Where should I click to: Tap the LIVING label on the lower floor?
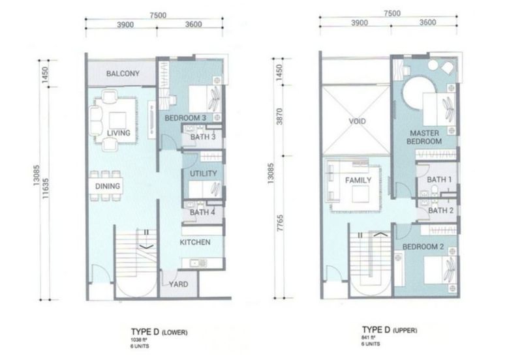pyautogui.click(x=119, y=134)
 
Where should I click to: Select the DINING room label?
pyautogui.click(x=106, y=187)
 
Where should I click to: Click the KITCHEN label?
pyautogui.click(x=195, y=243)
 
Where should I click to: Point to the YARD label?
pyautogui.click(x=179, y=285)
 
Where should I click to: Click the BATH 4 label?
pyautogui.click(x=203, y=212)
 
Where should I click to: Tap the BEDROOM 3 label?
pyautogui.click(x=185, y=118)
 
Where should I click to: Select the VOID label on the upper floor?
pyautogui.click(x=357, y=121)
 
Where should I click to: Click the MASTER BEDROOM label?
pyautogui.click(x=424, y=136)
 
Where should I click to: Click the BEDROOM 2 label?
pyautogui.click(x=423, y=247)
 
